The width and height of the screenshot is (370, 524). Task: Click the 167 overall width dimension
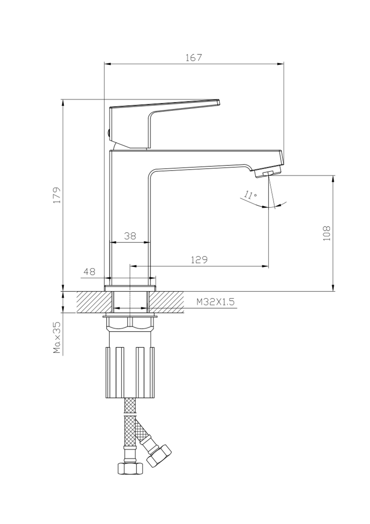click(193, 57)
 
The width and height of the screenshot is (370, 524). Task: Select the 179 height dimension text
click(57, 195)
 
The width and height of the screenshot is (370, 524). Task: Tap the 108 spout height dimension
click(326, 233)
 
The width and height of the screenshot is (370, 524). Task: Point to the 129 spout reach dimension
click(199, 260)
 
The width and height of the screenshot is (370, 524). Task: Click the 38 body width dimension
click(130, 236)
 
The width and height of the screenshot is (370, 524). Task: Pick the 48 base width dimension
click(90, 272)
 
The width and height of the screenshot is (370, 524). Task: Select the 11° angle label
click(250, 195)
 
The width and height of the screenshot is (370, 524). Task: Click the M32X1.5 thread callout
click(215, 302)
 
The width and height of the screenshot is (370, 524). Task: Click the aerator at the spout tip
click(269, 172)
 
